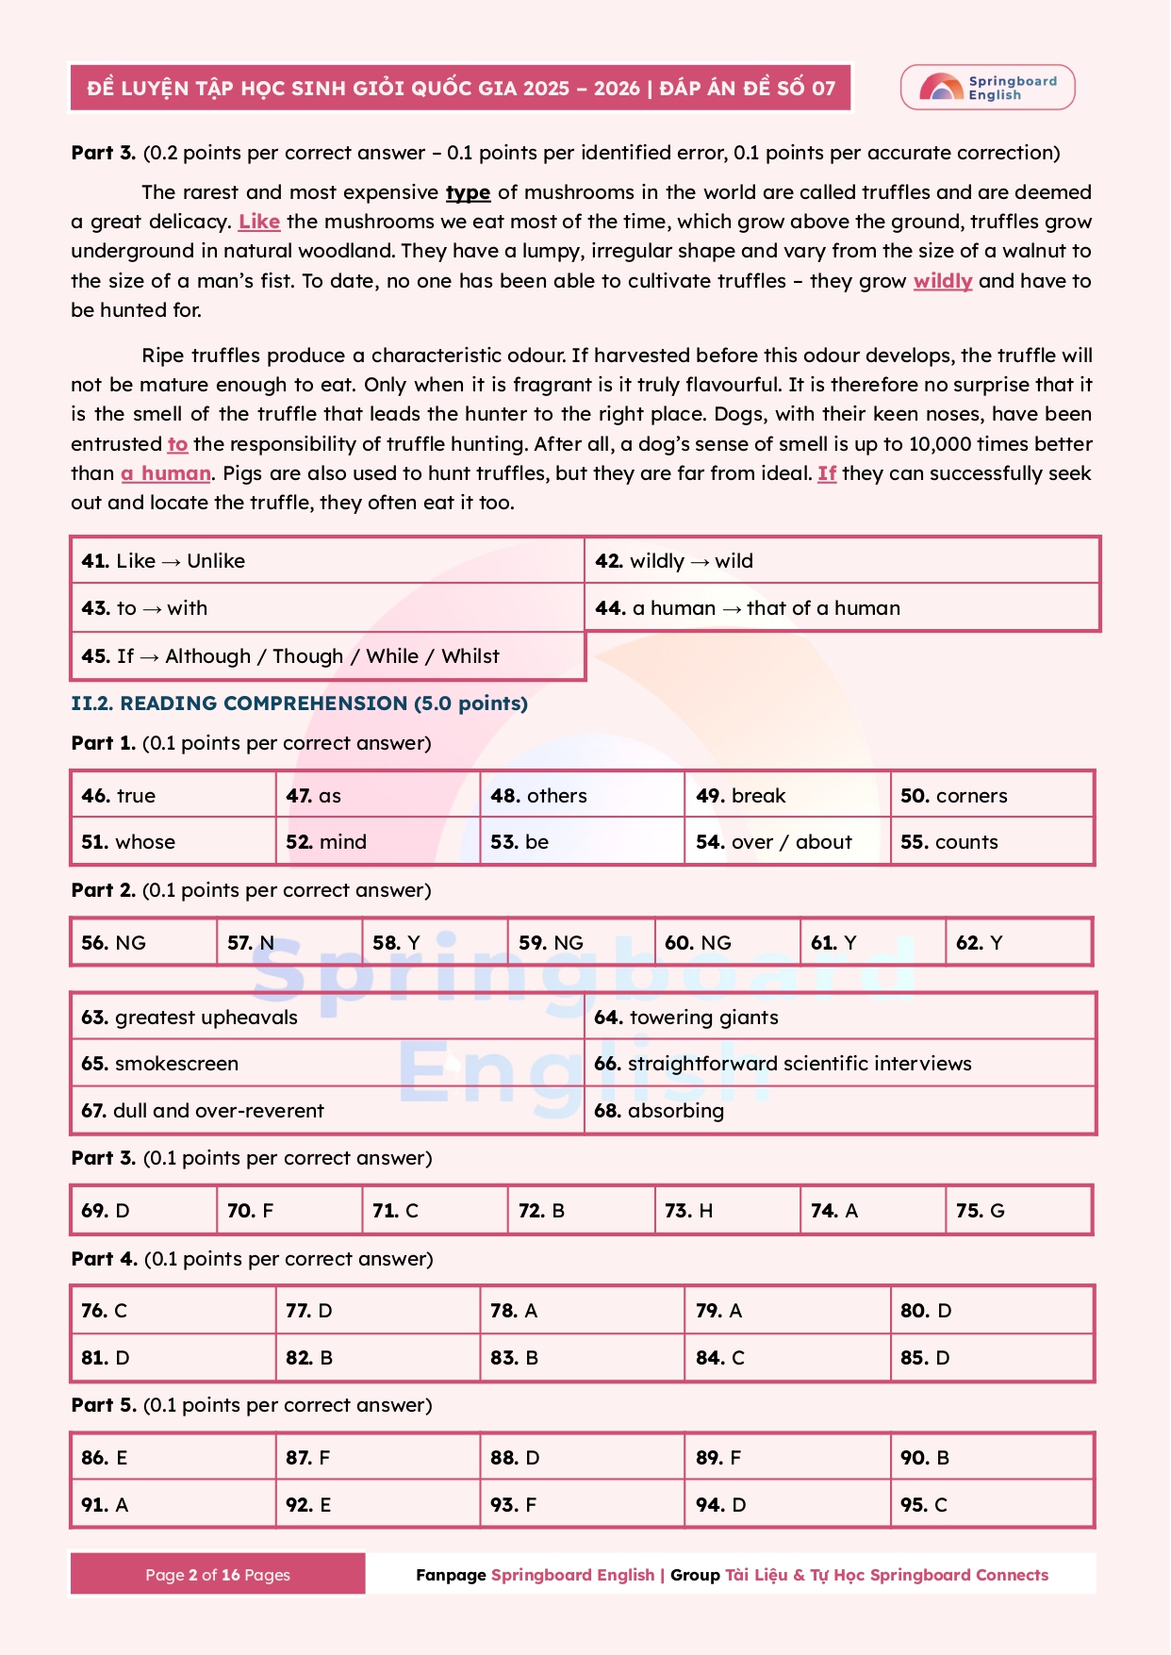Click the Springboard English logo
(x=987, y=88)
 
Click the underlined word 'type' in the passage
(x=468, y=192)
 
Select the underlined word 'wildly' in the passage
(x=942, y=281)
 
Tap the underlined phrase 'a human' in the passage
(x=166, y=473)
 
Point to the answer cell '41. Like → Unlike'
(x=327, y=561)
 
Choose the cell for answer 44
(x=841, y=608)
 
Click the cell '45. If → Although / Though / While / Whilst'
(x=327, y=656)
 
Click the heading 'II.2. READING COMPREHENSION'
(x=299, y=703)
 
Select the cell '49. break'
(x=786, y=796)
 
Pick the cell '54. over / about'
(x=786, y=842)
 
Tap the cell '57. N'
(x=289, y=943)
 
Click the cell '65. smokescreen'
(x=327, y=1064)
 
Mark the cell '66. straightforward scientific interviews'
(x=839, y=1064)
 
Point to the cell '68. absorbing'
(x=839, y=1111)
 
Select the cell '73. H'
(x=727, y=1211)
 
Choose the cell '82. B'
(x=377, y=1358)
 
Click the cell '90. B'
(x=991, y=1458)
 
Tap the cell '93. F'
(x=582, y=1505)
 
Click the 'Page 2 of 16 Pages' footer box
(x=218, y=1575)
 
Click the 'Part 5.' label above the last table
(x=104, y=1405)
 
